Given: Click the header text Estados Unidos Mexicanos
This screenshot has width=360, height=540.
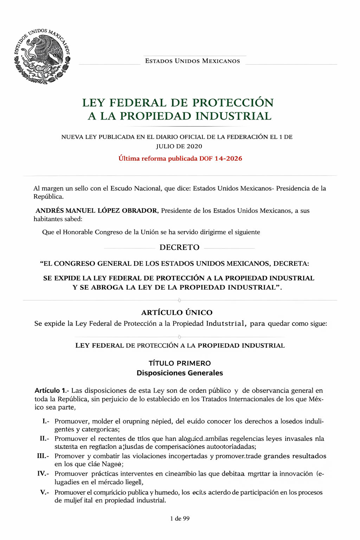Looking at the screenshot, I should (192, 61).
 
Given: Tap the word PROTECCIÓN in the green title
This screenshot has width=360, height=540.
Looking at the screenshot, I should (233, 103).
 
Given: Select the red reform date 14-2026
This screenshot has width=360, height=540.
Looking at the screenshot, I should (228, 159).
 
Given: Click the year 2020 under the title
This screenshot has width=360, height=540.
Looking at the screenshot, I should (194, 146).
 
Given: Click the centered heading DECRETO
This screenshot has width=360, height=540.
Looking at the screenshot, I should (179, 247).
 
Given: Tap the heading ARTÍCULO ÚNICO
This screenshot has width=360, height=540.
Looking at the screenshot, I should (177, 313).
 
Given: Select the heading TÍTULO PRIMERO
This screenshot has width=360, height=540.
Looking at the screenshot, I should (180, 363).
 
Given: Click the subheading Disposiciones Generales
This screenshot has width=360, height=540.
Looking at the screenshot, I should (180, 373).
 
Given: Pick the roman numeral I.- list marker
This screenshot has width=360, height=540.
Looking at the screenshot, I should (46, 421).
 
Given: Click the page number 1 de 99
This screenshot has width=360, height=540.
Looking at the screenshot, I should (180, 519).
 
